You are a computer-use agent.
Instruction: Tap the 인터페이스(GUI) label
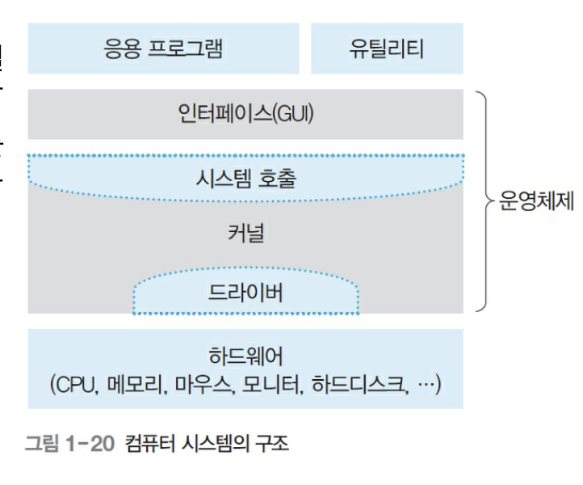tap(245, 112)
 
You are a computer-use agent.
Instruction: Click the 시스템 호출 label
tap(245, 178)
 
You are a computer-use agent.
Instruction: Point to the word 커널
tap(245, 234)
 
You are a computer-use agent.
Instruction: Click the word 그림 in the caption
tap(40, 443)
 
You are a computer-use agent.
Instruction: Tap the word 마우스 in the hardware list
tap(198, 382)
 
